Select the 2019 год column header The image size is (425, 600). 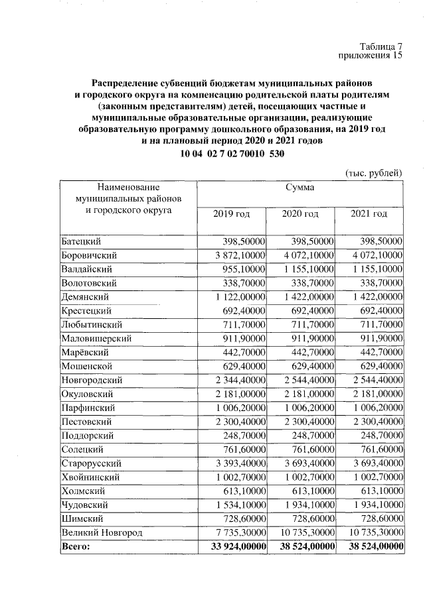(x=231, y=213)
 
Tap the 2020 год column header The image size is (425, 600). (x=300, y=213)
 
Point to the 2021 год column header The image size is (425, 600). (x=369, y=213)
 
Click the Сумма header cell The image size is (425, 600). (x=300, y=188)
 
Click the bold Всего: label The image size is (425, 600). (x=75, y=546)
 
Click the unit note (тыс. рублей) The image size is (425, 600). (x=374, y=173)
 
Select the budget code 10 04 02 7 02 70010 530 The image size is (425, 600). (x=232, y=154)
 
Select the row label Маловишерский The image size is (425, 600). (x=96, y=338)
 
